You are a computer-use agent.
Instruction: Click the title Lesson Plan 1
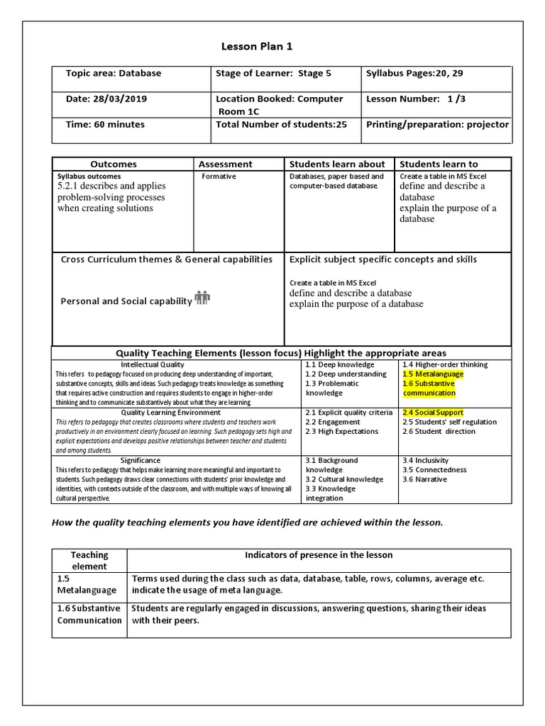click(x=257, y=47)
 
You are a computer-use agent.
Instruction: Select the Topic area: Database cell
click(x=114, y=73)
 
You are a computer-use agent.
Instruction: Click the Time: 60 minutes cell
click(x=105, y=124)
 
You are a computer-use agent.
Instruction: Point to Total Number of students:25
click(x=282, y=124)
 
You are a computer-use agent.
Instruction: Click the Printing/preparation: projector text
click(x=437, y=124)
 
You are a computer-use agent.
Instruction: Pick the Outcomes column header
click(x=114, y=164)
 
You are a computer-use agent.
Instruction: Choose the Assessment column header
click(x=225, y=164)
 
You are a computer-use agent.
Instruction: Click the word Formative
click(x=219, y=176)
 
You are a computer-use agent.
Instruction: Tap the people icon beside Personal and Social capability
click(x=202, y=298)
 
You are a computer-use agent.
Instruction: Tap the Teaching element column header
click(x=89, y=560)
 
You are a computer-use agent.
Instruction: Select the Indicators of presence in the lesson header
click(x=319, y=554)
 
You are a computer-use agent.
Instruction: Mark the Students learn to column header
click(x=439, y=164)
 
